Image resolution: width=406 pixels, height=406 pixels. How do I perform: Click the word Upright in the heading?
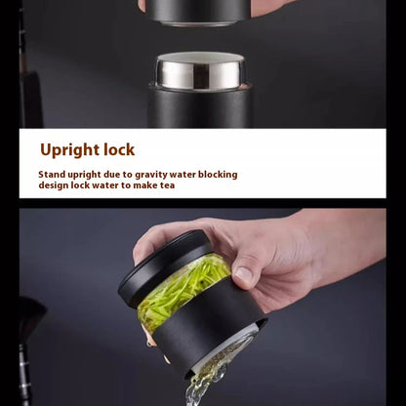(x=69, y=150)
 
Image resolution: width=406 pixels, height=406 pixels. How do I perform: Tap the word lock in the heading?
(x=119, y=149)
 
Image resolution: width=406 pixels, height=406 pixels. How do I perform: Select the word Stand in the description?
(x=52, y=175)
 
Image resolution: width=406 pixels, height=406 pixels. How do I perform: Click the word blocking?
(x=218, y=175)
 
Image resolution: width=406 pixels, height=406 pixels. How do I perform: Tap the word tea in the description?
(x=167, y=185)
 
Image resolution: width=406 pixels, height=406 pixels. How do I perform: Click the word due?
(x=112, y=175)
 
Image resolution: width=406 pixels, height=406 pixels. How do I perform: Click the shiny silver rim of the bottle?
(x=200, y=71)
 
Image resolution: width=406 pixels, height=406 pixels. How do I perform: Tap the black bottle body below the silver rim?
(x=199, y=107)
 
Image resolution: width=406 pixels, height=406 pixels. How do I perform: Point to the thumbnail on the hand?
(x=244, y=275)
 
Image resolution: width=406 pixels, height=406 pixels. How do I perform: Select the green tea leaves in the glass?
(x=183, y=286)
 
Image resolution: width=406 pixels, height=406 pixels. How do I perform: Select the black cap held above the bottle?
(x=198, y=12)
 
